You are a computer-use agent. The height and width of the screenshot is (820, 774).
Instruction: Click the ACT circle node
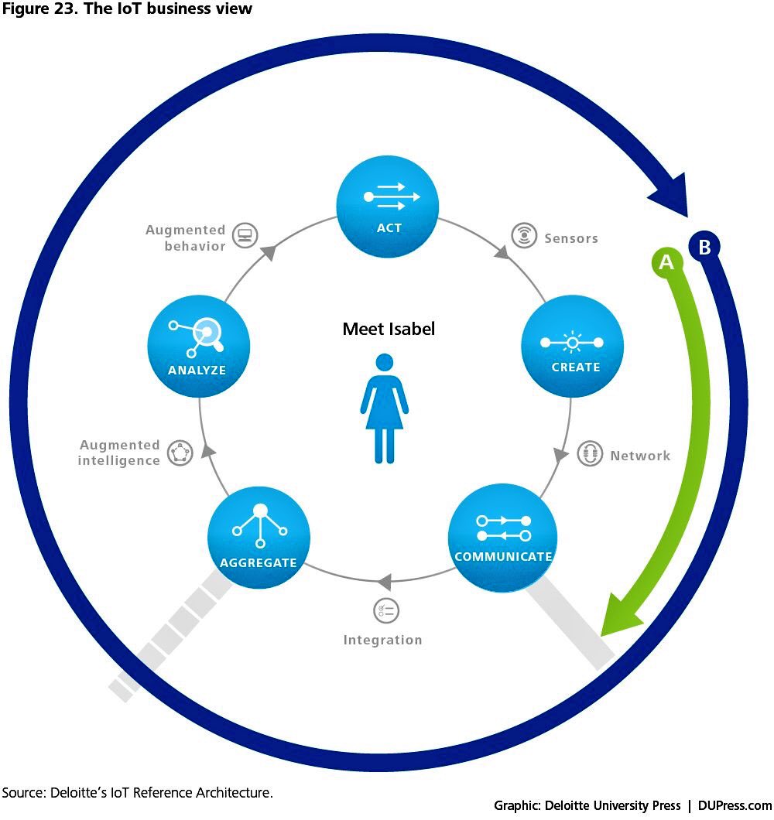click(x=388, y=205)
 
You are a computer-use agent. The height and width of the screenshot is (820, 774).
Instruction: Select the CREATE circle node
click(x=573, y=347)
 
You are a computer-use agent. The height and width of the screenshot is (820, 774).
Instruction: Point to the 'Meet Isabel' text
click(x=389, y=329)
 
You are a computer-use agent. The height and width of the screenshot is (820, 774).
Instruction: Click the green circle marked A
click(x=666, y=263)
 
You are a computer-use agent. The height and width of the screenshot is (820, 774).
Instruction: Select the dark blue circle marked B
click(x=704, y=247)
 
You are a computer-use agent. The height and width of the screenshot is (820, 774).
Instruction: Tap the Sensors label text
click(x=571, y=238)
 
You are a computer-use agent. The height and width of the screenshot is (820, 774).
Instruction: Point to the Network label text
click(x=640, y=456)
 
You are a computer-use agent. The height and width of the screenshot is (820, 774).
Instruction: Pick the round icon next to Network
click(x=590, y=453)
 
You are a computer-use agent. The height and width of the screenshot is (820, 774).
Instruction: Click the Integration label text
click(x=382, y=640)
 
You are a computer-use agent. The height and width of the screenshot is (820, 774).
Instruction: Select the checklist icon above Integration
click(x=385, y=610)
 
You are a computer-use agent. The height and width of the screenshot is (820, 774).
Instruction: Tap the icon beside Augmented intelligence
click(x=180, y=452)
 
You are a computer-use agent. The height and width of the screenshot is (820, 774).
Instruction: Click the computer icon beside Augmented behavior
click(x=245, y=236)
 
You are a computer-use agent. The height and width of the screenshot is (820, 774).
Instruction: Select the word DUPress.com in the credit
click(x=734, y=805)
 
